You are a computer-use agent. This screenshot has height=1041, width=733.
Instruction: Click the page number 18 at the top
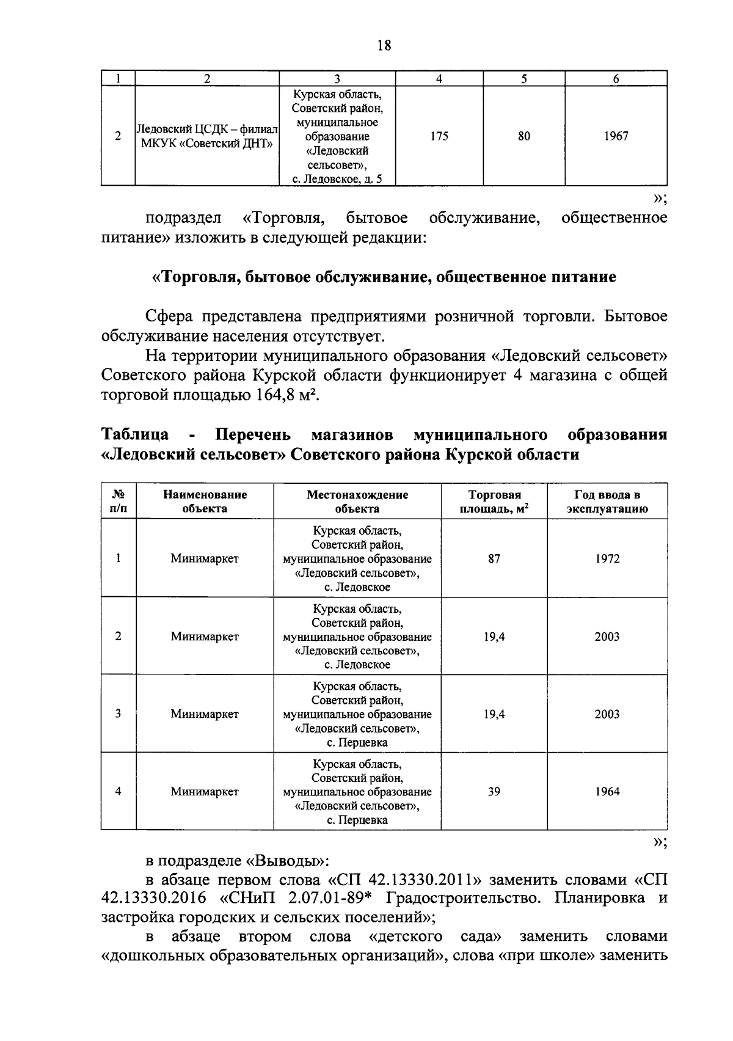[384, 45]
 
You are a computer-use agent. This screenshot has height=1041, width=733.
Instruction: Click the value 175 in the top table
[439, 136]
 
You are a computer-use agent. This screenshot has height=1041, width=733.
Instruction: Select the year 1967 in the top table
[616, 136]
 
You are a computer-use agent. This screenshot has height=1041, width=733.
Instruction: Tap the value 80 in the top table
[524, 136]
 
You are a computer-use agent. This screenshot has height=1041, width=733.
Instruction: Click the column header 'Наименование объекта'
[205, 502]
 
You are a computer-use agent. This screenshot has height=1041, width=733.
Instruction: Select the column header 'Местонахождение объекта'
[357, 502]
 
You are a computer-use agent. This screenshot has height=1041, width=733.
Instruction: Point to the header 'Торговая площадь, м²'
[494, 502]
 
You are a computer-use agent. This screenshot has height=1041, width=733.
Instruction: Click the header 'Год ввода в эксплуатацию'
[607, 502]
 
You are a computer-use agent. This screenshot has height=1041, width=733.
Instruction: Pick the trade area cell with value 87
[494, 558]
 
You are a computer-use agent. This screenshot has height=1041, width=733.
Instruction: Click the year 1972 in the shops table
[607, 558]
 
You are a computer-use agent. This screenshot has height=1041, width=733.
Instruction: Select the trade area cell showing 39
[494, 791]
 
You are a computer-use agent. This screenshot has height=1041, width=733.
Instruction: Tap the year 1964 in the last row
[607, 791]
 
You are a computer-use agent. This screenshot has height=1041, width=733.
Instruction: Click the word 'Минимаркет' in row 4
[205, 791]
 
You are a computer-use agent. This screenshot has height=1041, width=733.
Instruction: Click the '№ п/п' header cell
[118, 502]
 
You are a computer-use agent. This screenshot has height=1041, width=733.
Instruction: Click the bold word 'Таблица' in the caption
[135, 435]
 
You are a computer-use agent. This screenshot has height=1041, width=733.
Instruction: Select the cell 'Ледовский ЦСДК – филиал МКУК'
[206, 136]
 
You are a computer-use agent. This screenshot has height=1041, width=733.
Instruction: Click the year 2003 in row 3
[607, 714]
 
